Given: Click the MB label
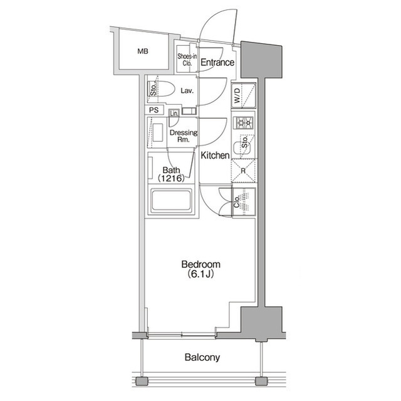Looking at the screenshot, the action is [x=143, y=51].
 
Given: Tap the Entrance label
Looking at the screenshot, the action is [x=217, y=62].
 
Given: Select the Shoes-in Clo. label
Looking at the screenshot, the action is [x=187, y=60].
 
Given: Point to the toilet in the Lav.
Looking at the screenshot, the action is [x=161, y=89].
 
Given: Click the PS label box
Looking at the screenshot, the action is [x=154, y=110].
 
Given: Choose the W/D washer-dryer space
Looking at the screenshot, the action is [x=244, y=95].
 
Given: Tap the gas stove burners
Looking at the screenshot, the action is [x=243, y=123].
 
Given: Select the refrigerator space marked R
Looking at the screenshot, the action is [x=244, y=171].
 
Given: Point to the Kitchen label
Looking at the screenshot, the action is [x=215, y=155].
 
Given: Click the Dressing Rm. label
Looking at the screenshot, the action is [x=184, y=136].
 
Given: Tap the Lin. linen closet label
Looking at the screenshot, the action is [x=174, y=113].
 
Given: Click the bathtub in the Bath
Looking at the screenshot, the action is [x=171, y=200].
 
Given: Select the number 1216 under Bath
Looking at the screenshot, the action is [x=171, y=178].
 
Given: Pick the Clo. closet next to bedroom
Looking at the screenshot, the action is [x=244, y=201].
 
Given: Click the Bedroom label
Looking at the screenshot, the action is [x=200, y=264].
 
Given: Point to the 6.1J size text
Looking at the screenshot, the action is [x=200, y=274].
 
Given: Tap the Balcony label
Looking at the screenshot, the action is [x=202, y=357].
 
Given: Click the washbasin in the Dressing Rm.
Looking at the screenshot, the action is [x=157, y=132].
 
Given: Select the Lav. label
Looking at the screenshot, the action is [x=187, y=90].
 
